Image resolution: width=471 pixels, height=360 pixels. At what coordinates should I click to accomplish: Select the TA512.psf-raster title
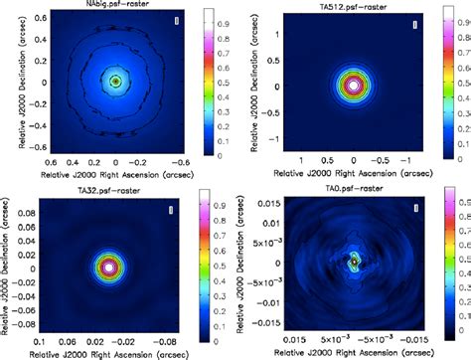point(354,5)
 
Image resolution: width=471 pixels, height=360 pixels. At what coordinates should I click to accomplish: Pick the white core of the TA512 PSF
point(354,86)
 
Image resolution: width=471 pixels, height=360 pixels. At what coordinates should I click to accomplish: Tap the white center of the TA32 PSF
point(107,267)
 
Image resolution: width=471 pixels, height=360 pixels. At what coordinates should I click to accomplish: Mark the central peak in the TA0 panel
point(354,261)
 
